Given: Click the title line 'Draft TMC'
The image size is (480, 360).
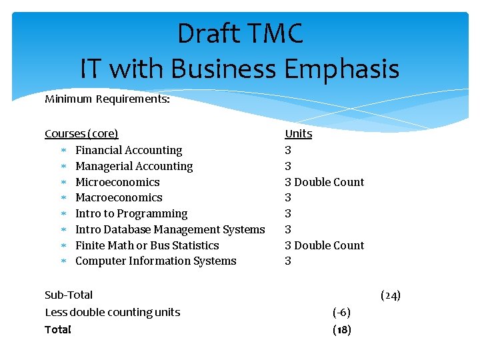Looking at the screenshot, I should [240, 34].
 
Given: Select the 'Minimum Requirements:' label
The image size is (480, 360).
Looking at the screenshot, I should [107, 99].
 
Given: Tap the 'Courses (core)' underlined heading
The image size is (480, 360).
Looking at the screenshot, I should [81, 133].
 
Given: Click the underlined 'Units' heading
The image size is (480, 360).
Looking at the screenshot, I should [298, 133].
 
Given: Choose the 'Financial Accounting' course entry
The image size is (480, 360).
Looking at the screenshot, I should [129, 150].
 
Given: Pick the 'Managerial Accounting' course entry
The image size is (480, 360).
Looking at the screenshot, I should [134, 166].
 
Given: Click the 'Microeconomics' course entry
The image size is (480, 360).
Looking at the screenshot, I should [117, 182].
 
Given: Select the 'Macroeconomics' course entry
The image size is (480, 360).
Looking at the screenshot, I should [119, 197].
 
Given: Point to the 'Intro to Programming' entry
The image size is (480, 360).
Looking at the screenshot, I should [131, 213].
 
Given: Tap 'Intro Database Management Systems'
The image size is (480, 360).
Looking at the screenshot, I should [170, 229].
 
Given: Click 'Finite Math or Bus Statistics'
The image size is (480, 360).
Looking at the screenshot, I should [147, 245].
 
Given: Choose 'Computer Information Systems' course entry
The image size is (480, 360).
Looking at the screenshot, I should [155, 261].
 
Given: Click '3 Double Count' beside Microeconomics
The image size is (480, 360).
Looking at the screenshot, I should [325, 182].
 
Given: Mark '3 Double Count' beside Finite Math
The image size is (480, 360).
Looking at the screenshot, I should [325, 245].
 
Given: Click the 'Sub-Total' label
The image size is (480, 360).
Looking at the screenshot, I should [69, 295].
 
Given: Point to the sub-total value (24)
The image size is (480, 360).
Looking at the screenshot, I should [390, 295].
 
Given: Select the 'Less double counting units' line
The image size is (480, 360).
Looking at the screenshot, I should [112, 312].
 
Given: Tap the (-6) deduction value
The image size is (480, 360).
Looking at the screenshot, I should [341, 312].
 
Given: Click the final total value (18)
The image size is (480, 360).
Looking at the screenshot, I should [341, 329].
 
